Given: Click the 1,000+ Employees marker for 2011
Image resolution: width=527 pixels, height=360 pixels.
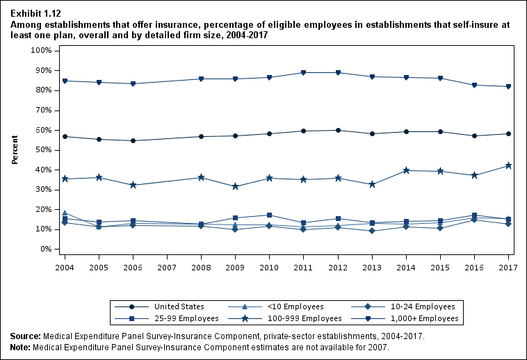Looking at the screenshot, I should click(303, 72).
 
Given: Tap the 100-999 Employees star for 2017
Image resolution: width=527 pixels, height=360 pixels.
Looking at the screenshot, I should click(508, 165).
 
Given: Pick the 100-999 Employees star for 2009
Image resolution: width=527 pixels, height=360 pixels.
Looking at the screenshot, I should click(235, 186).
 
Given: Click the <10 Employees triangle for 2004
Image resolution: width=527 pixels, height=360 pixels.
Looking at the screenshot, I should click(65, 213).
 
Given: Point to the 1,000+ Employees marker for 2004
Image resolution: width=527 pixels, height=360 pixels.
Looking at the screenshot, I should click(65, 81).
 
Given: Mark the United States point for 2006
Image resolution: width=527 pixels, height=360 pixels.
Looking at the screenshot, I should click(133, 140).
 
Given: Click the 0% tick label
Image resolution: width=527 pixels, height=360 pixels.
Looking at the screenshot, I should click(47, 249).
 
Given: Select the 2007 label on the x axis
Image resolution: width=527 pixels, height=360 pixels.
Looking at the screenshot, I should click(167, 267).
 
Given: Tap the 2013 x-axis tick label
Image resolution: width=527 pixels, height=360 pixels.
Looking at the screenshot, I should click(371, 267).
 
